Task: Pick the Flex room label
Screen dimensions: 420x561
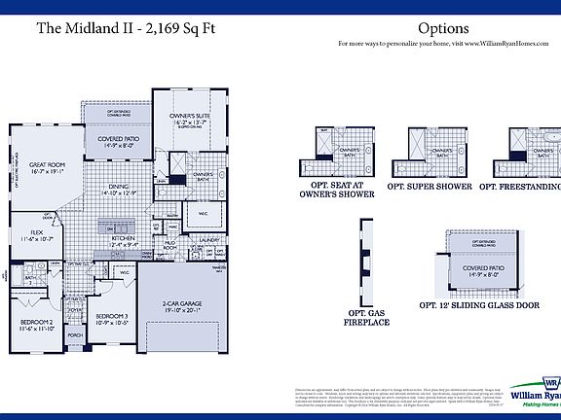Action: [36, 234]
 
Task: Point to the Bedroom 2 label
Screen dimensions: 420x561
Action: [38, 325]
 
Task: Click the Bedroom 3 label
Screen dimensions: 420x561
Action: [112, 318]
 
